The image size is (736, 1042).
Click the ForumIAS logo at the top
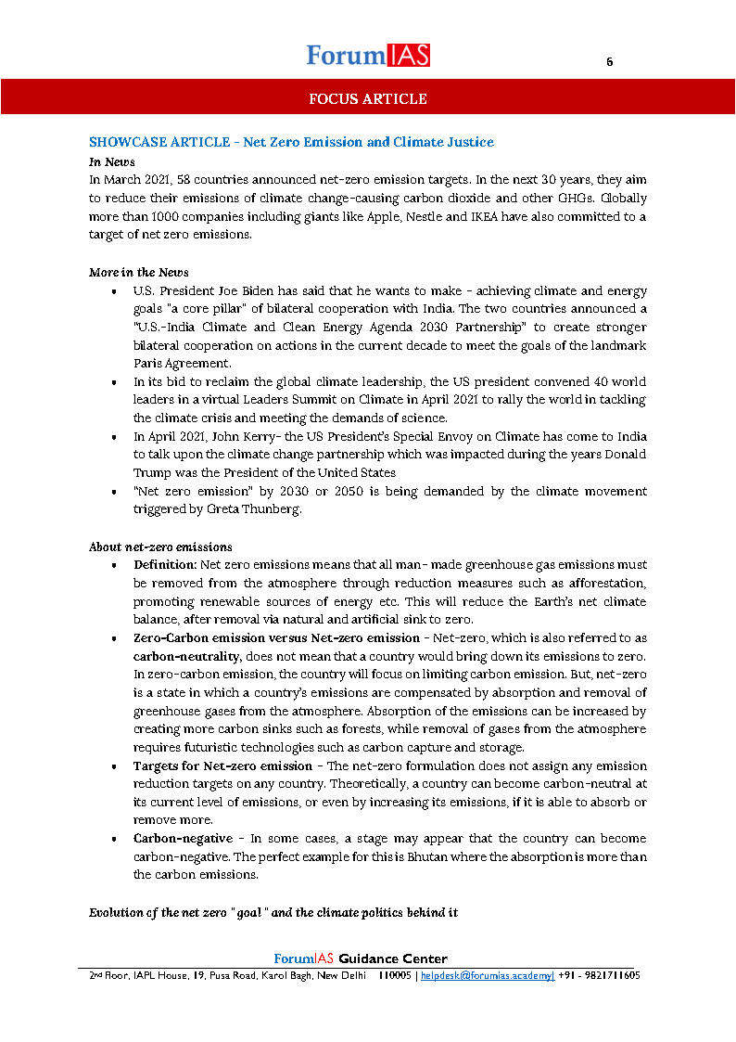pos(368,55)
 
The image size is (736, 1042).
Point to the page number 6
pos(609,62)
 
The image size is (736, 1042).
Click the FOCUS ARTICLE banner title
pos(368,99)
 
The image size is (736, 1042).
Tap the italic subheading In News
pos(112,161)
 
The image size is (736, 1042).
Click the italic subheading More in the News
pos(138,272)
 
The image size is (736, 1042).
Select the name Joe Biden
pos(226,290)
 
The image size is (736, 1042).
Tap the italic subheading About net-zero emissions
pos(160,547)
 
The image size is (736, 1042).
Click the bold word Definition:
pos(164,564)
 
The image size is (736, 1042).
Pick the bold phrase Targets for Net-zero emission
pos(222,765)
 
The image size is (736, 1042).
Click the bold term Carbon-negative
pos(183,838)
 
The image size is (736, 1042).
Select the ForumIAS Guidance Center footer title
pos(361,958)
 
